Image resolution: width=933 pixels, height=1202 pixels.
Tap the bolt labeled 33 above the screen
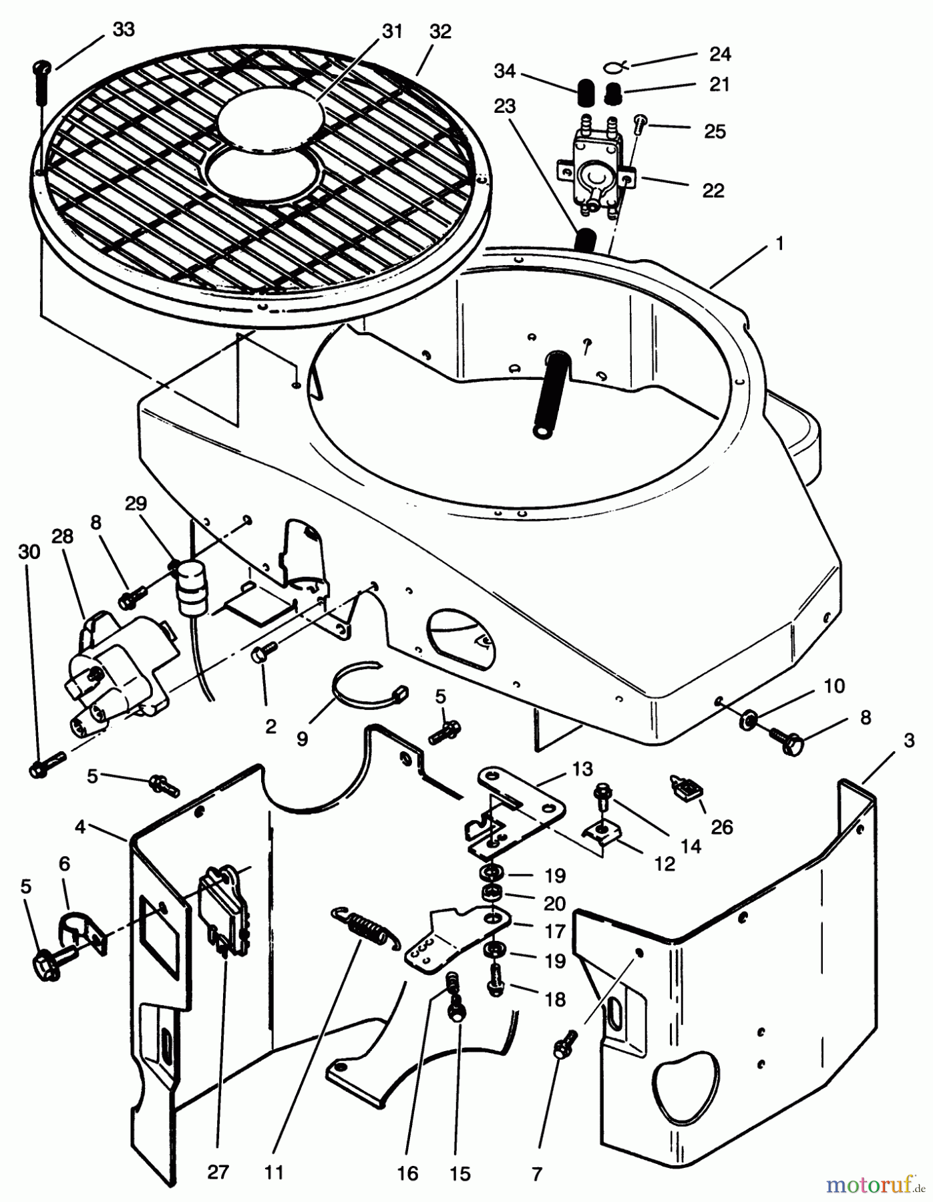click(x=42, y=80)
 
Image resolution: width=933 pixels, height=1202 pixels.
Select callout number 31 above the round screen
click(x=391, y=31)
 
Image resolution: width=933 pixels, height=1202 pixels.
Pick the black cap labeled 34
click(x=586, y=91)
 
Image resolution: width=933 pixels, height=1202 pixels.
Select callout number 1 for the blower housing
click(x=779, y=244)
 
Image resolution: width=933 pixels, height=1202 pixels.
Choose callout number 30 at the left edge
click(x=29, y=552)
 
